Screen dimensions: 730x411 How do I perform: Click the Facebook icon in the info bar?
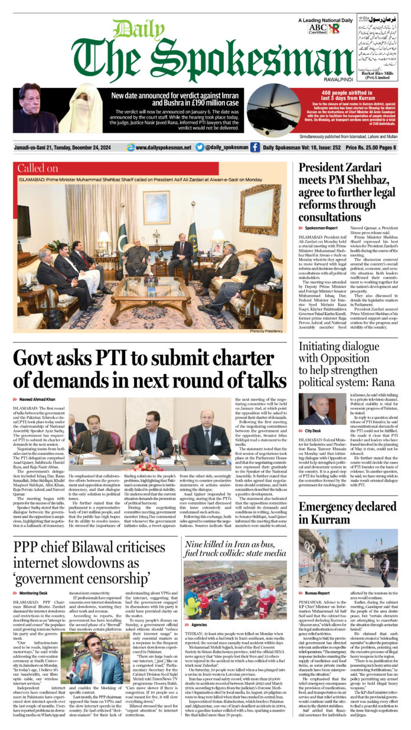click(x=255, y=148)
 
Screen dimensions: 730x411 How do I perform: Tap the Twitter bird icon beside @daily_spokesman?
click(x=200, y=148)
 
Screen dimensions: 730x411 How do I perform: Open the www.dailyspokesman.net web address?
click(x=163, y=148)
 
